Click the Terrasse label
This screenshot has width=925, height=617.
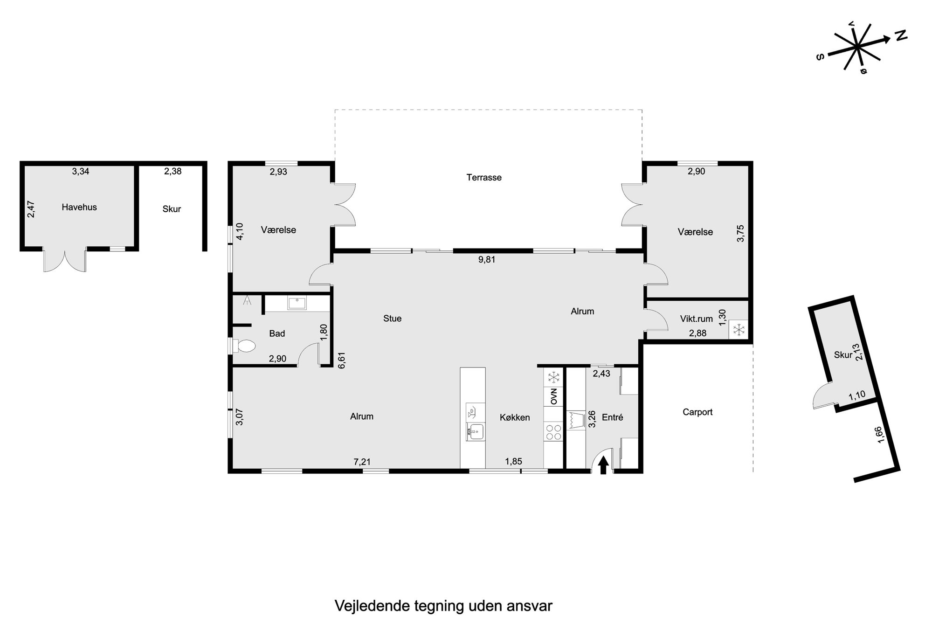[x=484, y=177]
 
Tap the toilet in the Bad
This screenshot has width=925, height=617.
[x=244, y=346]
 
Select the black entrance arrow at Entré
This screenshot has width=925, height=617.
[x=603, y=464]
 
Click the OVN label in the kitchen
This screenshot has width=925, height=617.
[x=554, y=396]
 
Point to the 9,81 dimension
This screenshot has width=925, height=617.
[x=487, y=260]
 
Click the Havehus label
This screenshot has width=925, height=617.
[x=79, y=207]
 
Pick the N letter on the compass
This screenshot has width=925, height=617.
[x=901, y=36]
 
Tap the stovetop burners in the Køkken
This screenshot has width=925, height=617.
[x=553, y=431]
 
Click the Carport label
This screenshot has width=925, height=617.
[x=697, y=412]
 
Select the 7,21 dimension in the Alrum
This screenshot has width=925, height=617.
[x=362, y=462]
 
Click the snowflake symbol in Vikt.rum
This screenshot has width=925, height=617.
[x=739, y=330]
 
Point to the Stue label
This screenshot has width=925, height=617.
[x=392, y=319]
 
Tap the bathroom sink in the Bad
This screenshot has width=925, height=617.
[x=297, y=303]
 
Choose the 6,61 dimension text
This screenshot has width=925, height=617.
[x=342, y=360]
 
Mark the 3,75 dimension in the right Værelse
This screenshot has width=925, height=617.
[x=740, y=233]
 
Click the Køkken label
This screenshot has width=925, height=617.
[x=515, y=417]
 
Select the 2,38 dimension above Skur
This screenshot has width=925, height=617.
[x=173, y=171]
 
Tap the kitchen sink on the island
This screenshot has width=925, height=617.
[x=475, y=432]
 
